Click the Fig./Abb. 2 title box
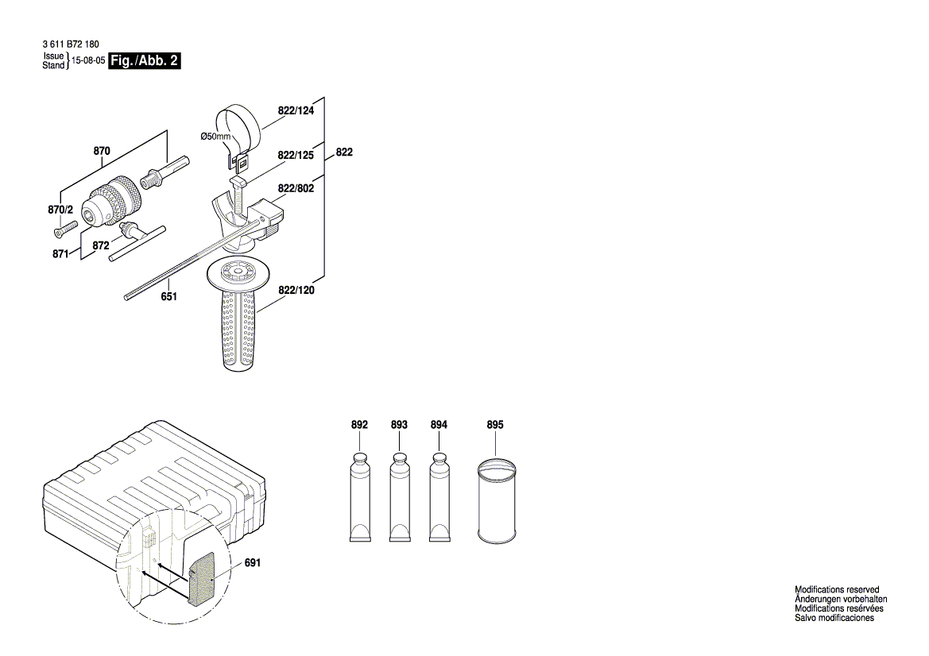[x=144, y=61]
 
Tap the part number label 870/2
[x=60, y=210]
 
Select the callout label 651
[x=168, y=296]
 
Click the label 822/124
[x=296, y=111]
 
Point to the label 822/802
[x=296, y=188]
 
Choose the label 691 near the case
[x=252, y=562]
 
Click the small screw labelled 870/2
[x=64, y=228]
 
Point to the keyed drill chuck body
[x=109, y=200]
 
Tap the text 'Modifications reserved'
[x=837, y=589]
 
